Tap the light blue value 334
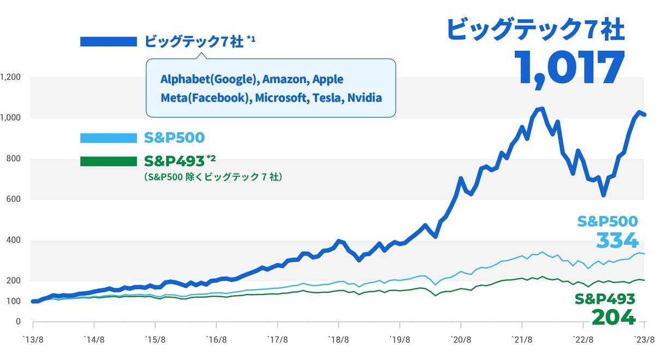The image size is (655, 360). coord(617,240)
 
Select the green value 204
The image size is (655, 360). coord(614,317)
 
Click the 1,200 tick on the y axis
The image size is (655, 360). coord(11,77)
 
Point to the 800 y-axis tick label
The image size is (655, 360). coord(14,159)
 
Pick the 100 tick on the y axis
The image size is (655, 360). coord(14,301)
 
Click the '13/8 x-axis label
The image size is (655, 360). coord(33,339)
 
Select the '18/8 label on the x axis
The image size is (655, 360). coord(339,339)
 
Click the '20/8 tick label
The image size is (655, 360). coord(461,339)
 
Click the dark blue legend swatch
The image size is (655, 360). coord(108,42)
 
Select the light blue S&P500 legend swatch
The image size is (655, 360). coord(108,138)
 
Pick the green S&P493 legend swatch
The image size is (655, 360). coord(108,161)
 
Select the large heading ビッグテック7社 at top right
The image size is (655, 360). coord(535,28)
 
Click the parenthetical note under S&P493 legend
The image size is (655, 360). coord(213,177)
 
